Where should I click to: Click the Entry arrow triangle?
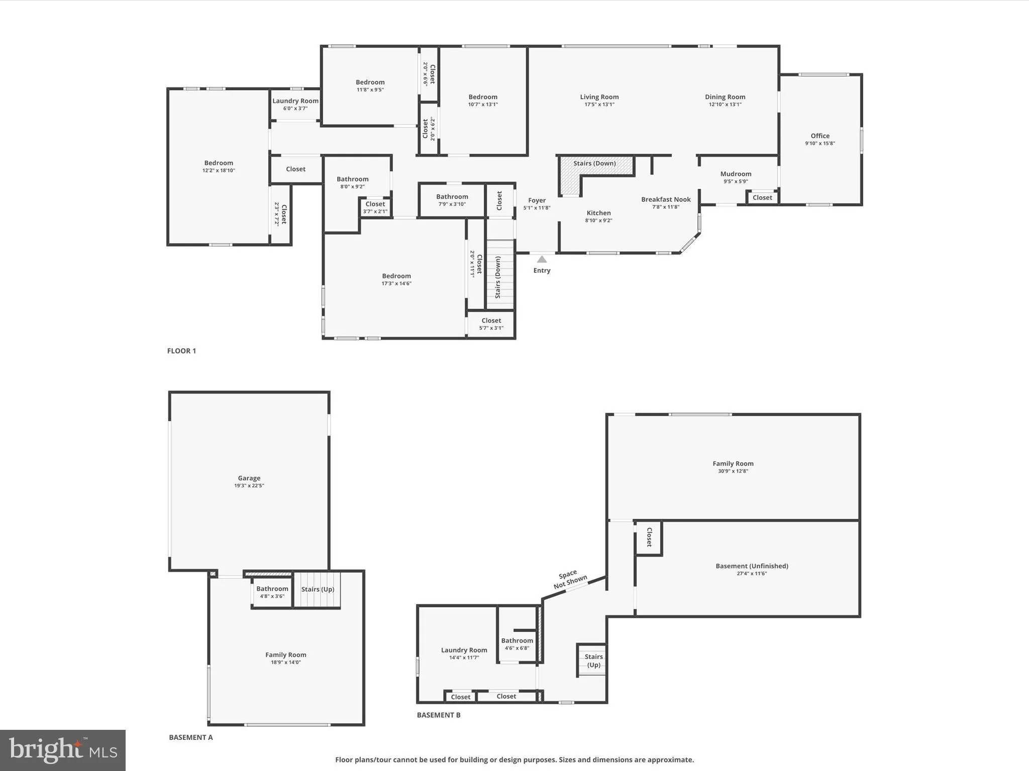click(542, 260)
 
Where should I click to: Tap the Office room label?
click(820, 136)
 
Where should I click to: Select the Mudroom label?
click(736, 174)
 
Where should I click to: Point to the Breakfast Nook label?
click(666, 199)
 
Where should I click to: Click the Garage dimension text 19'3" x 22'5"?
click(249, 485)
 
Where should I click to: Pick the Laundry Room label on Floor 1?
click(295, 101)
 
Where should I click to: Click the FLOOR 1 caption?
click(181, 351)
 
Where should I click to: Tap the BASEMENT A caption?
click(191, 737)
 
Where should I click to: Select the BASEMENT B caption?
click(439, 715)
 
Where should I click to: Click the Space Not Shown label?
click(570, 580)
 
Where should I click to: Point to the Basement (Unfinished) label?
click(752, 566)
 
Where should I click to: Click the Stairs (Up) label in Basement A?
click(318, 589)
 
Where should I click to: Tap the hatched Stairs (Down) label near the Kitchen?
click(594, 163)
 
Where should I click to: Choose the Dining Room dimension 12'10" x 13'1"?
click(725, 104)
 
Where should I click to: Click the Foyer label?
click(537, 200)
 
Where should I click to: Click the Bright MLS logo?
click(63, 750)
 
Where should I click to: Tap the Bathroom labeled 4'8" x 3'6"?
click(272, 592)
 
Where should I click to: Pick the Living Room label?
click(599, 97)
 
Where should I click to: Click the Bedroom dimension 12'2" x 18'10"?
click(219, 171)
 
